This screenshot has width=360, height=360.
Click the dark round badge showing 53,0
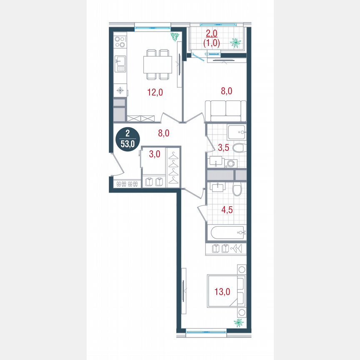(x=127, y=140)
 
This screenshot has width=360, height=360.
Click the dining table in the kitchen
(x=157, y=64)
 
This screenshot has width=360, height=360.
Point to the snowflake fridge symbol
(x=120, y=90)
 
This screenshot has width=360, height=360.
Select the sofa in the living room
(x=226, y=111)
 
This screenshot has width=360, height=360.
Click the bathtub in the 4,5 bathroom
(x=226, y=232)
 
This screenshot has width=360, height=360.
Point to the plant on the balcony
(x=236, y=42)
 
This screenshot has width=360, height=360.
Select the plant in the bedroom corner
(x=239, y=322)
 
